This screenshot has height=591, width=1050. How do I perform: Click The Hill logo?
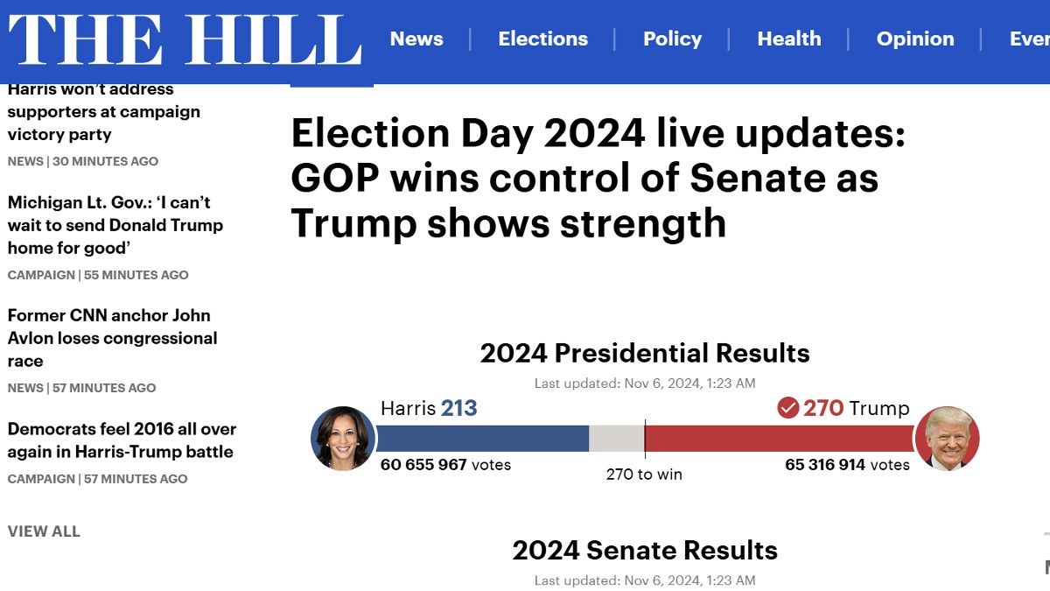(x=185, y=39)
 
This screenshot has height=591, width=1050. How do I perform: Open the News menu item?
(x=416, y=39)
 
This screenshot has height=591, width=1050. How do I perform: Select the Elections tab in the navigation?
(x=542, y=39)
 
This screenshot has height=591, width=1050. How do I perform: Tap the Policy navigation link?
(x=672, y=39)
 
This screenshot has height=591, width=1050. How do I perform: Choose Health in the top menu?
(x=788, y=39)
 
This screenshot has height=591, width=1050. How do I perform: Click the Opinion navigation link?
(x=915, y=39)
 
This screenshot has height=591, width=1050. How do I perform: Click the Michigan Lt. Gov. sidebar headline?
(x=115, y=225)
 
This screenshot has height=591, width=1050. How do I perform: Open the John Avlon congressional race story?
(x=112, y=338)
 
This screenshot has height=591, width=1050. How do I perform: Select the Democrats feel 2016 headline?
(x=122, y=440)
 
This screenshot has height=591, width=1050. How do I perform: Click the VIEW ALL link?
(x=44, y=531)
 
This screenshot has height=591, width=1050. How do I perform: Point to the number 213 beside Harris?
(x=458, y=408)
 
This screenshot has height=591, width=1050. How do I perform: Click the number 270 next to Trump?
(x=823, y=408)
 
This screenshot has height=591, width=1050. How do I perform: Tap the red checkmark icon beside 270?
(x=787, y=408)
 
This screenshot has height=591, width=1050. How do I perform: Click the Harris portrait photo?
(x=342, y=438)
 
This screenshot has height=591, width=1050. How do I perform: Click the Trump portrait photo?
(x=947, y=438)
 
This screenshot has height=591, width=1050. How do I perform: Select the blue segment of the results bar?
(x=481, y=439)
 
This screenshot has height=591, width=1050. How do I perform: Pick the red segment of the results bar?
(x=779, y=439)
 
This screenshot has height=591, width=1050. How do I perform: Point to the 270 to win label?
(x=644, y=475)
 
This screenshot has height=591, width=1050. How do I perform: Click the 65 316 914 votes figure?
(x=847, y=465)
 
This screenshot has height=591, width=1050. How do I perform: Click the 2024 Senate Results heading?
(x=645, y=550)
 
